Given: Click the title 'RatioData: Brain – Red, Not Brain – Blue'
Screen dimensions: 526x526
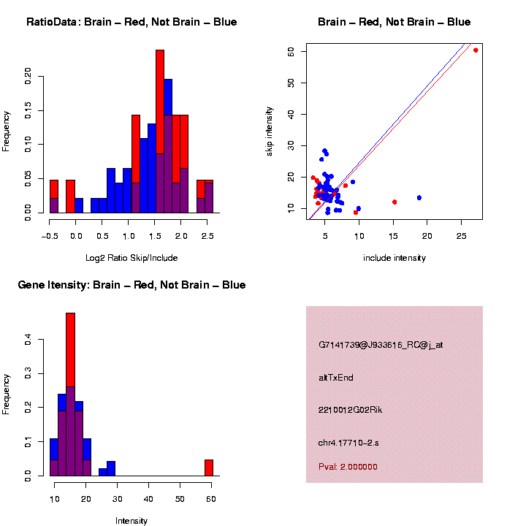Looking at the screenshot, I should click(x=131, y=22).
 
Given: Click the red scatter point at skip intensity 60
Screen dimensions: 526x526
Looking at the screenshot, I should click(x=476, y=50).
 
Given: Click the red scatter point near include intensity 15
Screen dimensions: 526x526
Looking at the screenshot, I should click(x=394, y=202).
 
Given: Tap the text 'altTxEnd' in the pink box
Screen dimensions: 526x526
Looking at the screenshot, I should click(x=336, y=378).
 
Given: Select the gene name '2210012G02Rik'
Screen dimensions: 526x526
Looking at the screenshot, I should click(x=350, y=410).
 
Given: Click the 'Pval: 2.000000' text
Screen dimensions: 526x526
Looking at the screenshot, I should click(x=348, y=467).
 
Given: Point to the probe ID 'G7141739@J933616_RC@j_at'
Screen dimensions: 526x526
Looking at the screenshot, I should click(x=381, y=345).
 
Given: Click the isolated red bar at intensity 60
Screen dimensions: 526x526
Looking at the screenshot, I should click(x=209, y=468).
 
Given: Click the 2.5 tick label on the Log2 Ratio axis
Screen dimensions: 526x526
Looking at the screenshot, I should click(x=207, y=236).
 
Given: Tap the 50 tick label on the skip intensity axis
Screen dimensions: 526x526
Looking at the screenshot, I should click(x=291, y=83).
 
